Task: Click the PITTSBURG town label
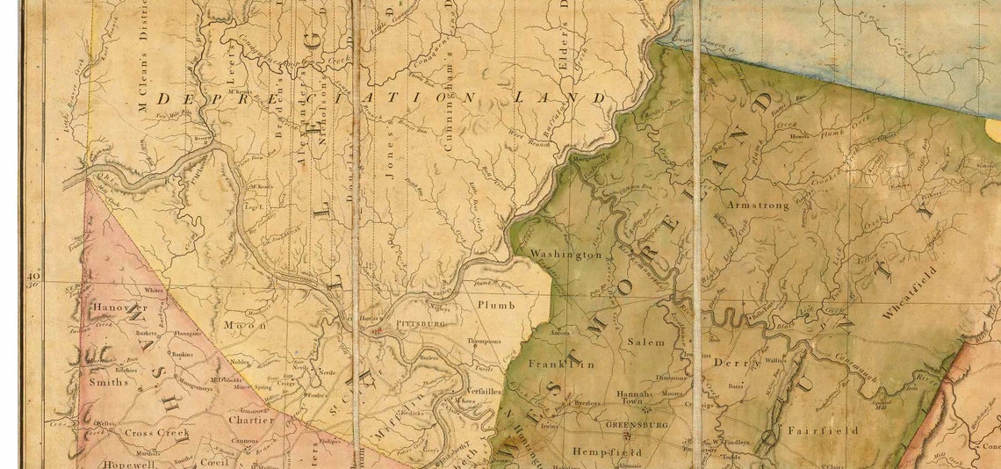421,323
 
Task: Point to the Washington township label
566,255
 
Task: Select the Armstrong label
758,205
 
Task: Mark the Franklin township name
561,363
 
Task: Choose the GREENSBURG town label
637,424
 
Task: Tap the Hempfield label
607,451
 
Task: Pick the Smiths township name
108,382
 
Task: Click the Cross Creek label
150,433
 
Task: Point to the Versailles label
479,393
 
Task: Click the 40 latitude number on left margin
34,278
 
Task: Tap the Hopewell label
119,463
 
